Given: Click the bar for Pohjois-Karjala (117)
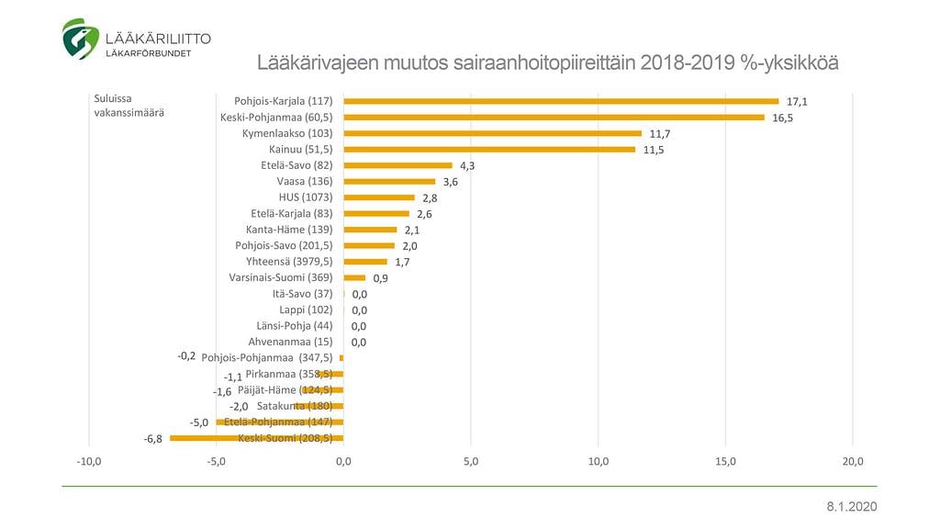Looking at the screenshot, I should pos(560,101).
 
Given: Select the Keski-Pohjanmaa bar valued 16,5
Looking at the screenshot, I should pos(554,118).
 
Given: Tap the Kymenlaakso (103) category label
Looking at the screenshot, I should pos(280,133).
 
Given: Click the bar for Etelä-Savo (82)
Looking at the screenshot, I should pos(397,165).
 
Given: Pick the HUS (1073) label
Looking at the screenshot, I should pos(305,197).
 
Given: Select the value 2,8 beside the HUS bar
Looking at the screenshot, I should pos(430,197).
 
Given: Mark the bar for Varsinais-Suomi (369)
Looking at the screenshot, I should pos(354,277).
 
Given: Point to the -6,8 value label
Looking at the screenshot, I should pos(153,439).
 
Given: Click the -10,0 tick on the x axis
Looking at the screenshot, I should pos(88,460).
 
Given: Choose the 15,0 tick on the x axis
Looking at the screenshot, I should pos(725,460).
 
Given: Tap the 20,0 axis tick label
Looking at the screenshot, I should pos(853,460).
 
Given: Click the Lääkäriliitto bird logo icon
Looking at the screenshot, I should pos(80,39).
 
